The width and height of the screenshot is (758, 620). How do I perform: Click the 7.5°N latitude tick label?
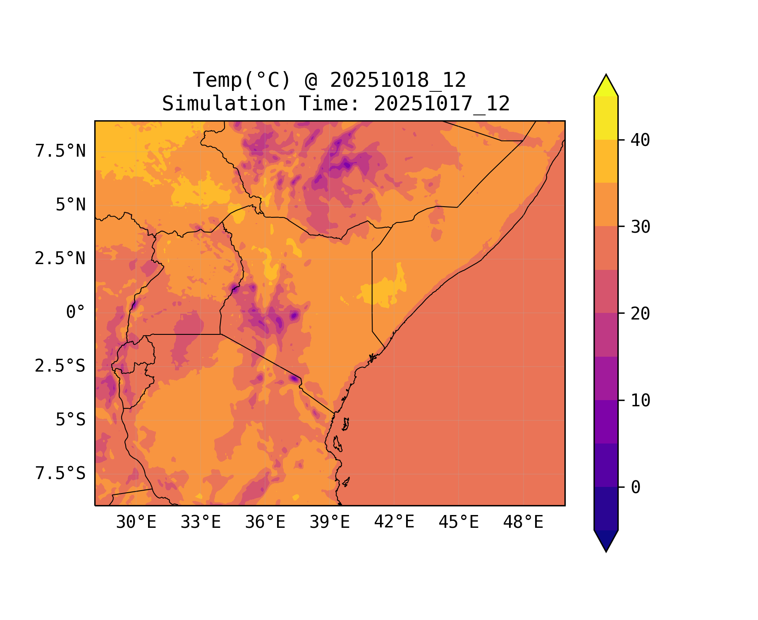click(60, 151)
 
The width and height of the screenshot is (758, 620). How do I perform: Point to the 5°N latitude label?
click(71, 205)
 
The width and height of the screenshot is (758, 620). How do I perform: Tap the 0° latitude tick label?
click(76, 312)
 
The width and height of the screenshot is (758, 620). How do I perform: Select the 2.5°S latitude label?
click(60, 366)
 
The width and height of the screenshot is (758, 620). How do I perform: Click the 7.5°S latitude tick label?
click(60, 474)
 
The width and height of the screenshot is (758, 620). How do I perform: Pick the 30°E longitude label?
click(136, 522)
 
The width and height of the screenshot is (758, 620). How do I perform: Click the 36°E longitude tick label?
click(265, 522)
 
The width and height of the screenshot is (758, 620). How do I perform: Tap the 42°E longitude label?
click(394, 522)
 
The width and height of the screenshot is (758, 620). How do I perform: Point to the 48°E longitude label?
click(523, 522)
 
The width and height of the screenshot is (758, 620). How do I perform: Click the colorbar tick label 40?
click(641, 141)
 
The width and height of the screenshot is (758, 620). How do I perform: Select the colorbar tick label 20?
click(641, 314)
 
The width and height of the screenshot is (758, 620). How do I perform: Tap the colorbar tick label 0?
click(636, 488)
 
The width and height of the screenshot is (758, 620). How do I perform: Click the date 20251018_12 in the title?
click(398, 80)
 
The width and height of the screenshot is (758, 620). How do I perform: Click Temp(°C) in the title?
click(242, 80)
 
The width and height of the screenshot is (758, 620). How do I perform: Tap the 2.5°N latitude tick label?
click(60, 259)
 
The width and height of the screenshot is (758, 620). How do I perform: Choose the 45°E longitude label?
click(459, 522)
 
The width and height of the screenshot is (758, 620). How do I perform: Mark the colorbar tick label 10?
click(641, 401)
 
